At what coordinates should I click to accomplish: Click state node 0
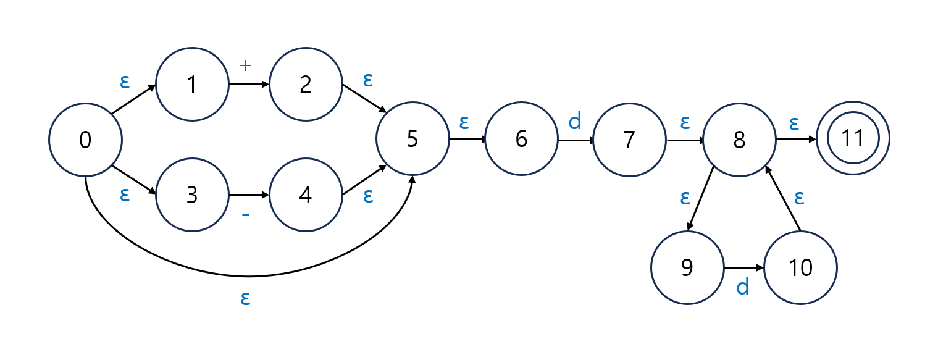(x=85, y=140)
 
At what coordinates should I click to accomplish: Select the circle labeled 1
(x=192, y=85)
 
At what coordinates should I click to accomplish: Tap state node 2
(x=306, y=85)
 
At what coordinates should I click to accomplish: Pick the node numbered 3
(x=192, y=195)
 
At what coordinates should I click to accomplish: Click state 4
(x=306, y=195)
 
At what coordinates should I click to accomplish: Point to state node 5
(x=412, y=140)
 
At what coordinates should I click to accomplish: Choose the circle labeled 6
(x=521, y=140)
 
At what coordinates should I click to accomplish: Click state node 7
(x=629, y=140)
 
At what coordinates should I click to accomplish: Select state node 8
(x=739, y=140)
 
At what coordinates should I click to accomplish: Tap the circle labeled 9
(x=687, y=268)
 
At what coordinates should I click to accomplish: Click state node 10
(x=800, y=268)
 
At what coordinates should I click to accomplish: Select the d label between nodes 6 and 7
(x=575, y=122)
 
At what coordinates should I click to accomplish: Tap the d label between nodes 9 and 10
(x=743, y=287)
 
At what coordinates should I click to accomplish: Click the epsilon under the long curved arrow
(x=245, y=298)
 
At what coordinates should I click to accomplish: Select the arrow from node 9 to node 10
(x=743, y=268)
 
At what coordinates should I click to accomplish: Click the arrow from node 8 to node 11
(x=795, y=140)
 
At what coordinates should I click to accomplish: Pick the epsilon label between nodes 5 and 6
(x=464, y=122)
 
